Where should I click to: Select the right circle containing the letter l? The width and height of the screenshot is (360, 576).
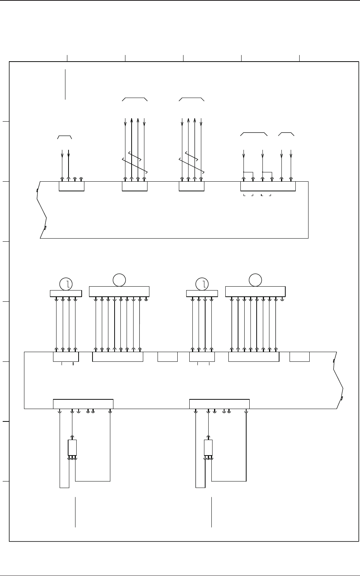(x=202, y=284)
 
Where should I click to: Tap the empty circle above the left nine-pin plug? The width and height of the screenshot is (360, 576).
(x=119, y=280)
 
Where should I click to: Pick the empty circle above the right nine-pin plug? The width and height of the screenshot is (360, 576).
(x=255, y=280)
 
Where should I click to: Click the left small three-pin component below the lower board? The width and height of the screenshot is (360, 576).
(x=72, y=448)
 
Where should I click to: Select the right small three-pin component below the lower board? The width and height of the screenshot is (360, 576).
(x=208, y=448)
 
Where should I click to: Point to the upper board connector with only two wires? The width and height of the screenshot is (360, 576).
(x=71, y=186)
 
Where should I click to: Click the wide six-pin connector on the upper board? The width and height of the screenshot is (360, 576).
(x=268, y=186)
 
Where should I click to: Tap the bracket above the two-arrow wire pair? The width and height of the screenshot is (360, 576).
(x=65, y=137)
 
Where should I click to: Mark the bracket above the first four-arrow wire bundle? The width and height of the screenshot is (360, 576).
(x=135, y=99)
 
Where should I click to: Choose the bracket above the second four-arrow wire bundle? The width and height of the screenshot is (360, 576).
(x=191, y=99)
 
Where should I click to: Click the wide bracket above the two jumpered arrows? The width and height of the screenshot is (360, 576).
(x=254, y=133)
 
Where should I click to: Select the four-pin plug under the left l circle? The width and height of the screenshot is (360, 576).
(x=66, y=293)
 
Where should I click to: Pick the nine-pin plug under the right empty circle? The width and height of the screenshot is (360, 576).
(x=255, y=291)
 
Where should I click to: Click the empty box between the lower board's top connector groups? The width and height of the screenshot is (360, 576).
(x=168, y=357)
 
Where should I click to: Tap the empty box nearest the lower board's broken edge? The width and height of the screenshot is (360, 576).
(x=300, y=357)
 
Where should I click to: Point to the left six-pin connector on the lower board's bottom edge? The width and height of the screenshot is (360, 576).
(x=83, y=404)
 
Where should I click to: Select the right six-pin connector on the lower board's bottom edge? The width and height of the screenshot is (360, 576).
(x=219, y=404)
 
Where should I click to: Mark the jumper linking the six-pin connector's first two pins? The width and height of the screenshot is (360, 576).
(x=248, y=172)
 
